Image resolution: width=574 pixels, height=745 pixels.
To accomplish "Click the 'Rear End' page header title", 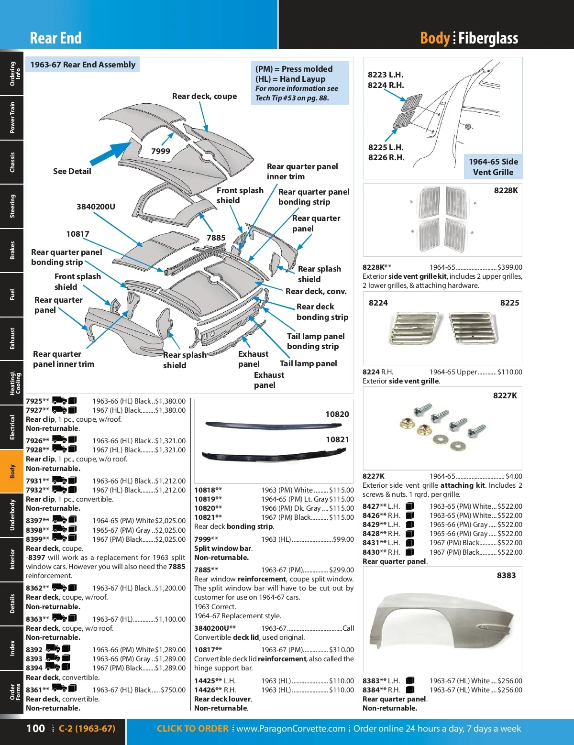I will [55, 38].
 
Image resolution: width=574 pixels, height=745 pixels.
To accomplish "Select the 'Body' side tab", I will [12, 471].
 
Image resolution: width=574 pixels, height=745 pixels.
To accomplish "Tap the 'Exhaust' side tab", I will [12, 339].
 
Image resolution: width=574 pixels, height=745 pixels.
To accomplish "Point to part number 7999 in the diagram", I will [161, 151].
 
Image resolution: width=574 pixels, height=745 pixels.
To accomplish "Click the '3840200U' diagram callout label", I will [96, 207].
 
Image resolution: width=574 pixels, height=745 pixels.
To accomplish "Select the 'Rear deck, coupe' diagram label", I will [204, 96].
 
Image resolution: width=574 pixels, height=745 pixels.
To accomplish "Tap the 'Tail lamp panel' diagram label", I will [308, 363].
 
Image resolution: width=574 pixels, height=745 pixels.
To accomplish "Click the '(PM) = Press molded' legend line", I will [294, 69].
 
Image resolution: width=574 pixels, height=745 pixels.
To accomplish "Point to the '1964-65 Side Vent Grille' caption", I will [493, 167].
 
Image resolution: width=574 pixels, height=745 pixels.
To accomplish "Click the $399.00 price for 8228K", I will [510, 267].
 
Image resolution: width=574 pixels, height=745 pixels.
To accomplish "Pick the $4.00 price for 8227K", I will [514, 476].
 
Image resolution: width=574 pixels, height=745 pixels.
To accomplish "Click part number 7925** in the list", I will [37, 401].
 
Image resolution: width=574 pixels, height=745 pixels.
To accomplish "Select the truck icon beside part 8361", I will [59, 689].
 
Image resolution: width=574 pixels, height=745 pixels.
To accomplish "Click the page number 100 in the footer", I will [35, 728].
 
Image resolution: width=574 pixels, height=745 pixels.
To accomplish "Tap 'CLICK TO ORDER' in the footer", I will [192, 728].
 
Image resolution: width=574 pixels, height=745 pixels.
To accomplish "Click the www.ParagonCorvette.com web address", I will [290, 728].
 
